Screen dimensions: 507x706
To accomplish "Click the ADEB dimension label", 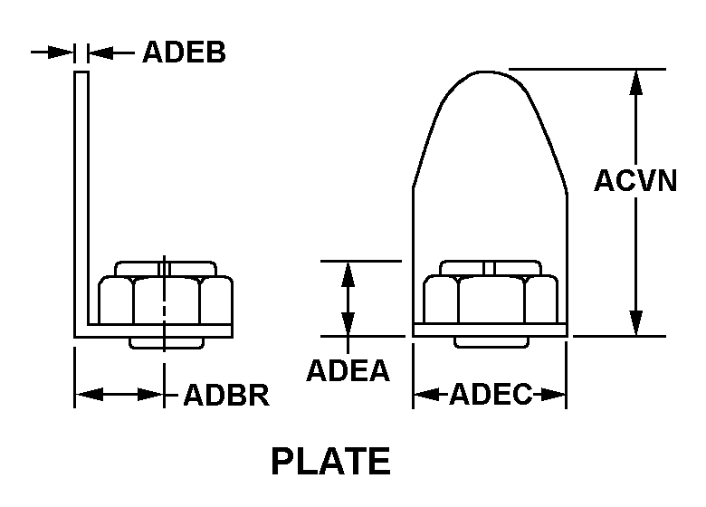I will click(x=184, y=53).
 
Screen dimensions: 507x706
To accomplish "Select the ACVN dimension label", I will click(x=635, y=181).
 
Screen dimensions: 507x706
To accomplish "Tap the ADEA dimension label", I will click(x=348, y=370).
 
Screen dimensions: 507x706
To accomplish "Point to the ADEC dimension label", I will click(x=490, y=395).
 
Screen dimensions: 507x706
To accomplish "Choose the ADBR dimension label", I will click(x=226, y=396).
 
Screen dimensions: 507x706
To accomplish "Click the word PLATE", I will click(x=331, y=462).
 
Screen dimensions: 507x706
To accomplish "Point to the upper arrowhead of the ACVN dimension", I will click(x=636, y=81).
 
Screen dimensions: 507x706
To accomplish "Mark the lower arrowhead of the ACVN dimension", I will click(x=636, y=323).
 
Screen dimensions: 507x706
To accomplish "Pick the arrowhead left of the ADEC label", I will click(x=425, y=395).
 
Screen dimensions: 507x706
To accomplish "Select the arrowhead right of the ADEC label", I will click(x=556, y=395).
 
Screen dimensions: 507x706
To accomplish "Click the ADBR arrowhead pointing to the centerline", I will click(x=153, y=395).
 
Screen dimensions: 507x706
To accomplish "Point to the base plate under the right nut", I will click(x=490, y=330).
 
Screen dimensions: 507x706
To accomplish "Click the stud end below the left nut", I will click(x=165, y=342).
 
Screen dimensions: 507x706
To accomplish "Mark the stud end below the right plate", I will click(x=490, y=342).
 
